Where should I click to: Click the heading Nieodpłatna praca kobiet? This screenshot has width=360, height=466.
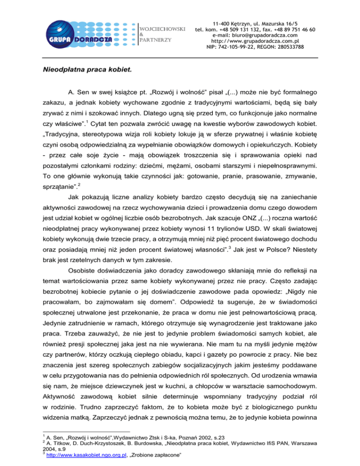pos(84,72)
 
